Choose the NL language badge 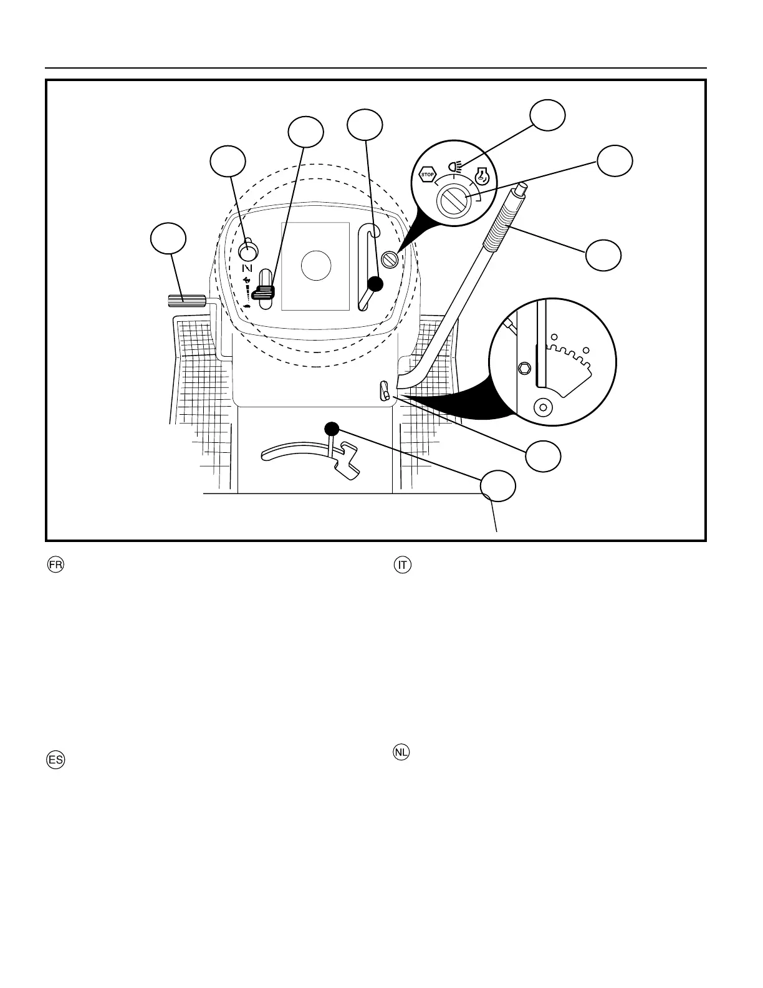click(402, 752)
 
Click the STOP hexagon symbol click(428, 175)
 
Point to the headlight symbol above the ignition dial click(456, 167)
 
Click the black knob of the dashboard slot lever click(375, 284)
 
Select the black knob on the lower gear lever click(331, 429)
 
